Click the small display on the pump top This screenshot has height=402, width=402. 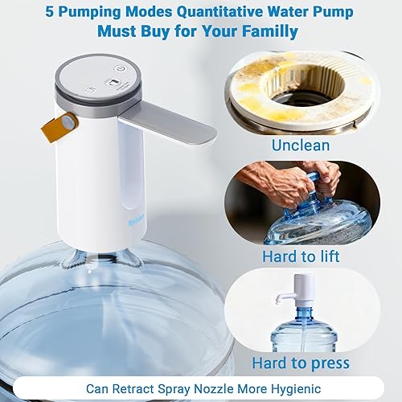(117, 84)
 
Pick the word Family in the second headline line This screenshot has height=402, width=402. (269, 32)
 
